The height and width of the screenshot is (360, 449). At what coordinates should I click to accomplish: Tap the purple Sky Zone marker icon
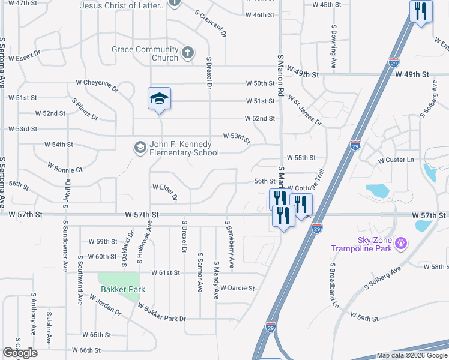[x=401, y=244]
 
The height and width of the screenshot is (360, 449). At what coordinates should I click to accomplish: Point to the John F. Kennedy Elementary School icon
[x=140, y=148]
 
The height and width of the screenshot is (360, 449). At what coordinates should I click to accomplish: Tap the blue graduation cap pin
[x=160, y=99]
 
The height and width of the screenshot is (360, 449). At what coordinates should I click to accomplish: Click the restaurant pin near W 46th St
[x=420, y=11]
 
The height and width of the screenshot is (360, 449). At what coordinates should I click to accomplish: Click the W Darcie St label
[x=237, y=288]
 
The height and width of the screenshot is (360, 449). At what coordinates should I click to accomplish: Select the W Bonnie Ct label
[x=65, y=170]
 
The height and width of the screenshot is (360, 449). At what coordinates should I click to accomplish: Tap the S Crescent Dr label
[x=211, y=24]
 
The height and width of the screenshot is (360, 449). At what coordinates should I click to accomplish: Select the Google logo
[x=20, y=352]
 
